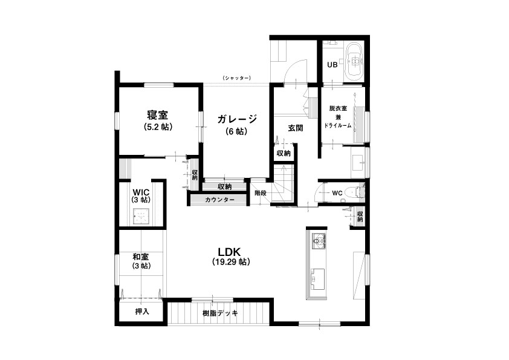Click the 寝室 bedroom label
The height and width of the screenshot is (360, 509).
[x=157, y=115]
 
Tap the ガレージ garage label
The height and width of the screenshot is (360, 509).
[x=237, y=119]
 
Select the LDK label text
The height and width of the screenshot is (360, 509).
[x=229, y=252]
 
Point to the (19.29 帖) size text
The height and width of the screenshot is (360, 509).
[x=231, y=262]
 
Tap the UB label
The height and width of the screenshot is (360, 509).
[x=332, y=65]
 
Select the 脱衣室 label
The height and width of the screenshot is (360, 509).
[x=338, y=108]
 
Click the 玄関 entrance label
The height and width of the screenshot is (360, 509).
[x=296, y=128]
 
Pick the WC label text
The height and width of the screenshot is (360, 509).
[x=337, y=193]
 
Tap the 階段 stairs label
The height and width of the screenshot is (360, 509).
[x=261, y=192]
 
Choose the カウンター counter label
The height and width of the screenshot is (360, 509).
[x=219, y=200]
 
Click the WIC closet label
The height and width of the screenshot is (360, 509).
[x=141, y=192]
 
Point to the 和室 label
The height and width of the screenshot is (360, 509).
[x=141, y=257]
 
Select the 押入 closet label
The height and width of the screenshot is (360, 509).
[x=142, y=311]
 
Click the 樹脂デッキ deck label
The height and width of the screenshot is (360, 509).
[x=221, y=313]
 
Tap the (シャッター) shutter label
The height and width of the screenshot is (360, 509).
[x=236, y=78]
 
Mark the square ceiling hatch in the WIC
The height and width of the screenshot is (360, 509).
[x=141, y=215]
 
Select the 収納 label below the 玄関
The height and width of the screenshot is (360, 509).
[x=284, y=153]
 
